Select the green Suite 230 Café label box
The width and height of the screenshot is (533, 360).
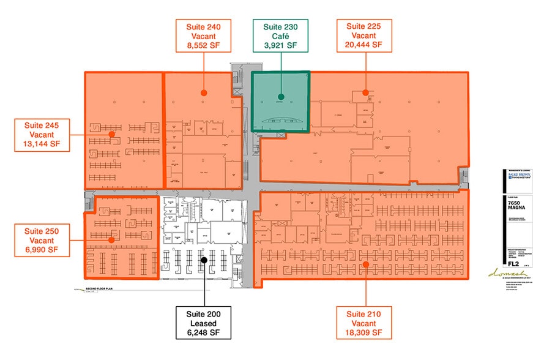(x=280, y=36)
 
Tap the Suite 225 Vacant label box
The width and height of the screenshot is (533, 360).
(x=364, y=36)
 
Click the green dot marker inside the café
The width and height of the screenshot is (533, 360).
(x=280, y=96)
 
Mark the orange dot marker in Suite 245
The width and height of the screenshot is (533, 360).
(x=111, y=133)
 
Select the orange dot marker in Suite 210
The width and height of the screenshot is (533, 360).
(x=365, y=264)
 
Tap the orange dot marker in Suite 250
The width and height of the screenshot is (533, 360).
(x=111, y=240)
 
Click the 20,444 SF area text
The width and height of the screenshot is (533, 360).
(x=364, y=45)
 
